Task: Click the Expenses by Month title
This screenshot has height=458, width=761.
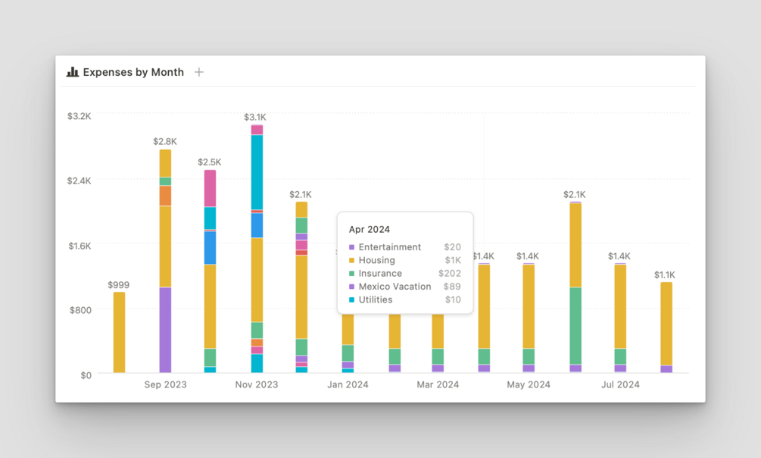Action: point(133,72)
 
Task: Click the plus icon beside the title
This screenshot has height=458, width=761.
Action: point(199,72)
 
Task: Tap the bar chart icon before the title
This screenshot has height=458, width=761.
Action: point(73,72)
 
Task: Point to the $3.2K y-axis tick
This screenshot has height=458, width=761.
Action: point(79,116)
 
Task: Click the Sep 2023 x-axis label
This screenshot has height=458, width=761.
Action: point(165,384)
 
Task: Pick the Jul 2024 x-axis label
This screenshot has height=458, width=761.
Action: point(620,384)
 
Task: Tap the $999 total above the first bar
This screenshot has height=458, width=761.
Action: point(118,285)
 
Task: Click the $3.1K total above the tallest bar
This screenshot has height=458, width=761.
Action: point(255,118)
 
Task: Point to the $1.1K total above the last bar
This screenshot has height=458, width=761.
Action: point(665,274)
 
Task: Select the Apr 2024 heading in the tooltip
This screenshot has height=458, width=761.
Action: point(370,229)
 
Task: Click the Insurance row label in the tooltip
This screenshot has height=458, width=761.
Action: point(380,273)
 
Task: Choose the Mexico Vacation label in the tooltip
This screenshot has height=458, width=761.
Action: point(395,287)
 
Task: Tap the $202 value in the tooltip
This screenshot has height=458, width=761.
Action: point(450,273)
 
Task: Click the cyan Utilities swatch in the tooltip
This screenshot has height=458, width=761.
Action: point(352,300)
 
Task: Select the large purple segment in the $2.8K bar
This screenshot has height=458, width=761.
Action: point(165,330)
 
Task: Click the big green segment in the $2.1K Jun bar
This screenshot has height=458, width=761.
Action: point(575,326)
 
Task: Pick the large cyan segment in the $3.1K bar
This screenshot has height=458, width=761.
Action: point(257,172)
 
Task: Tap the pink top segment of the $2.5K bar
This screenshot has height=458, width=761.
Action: point(210,188)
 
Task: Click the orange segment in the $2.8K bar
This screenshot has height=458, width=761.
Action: point(165,196)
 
